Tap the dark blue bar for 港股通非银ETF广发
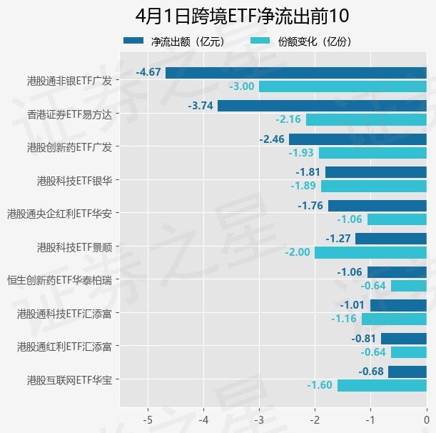(x=296, y=72)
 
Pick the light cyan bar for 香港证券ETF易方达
(x=366, y=119)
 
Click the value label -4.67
(x=148, y=72)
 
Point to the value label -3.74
(x=201, y=106)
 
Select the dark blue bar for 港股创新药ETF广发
(x=358, y=139)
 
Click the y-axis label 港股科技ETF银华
(x=73, y=180)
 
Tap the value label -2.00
(x=298, y=252)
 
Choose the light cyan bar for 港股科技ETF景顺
(x=370, y=252)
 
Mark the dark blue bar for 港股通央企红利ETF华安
(x=377, y=206)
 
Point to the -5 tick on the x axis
(x=148, y=418)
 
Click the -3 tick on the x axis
(x=260, y=418)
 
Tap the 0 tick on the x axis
(x=426, y=418)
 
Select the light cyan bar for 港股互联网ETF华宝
(x=382, y=385)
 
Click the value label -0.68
(x=371, y=372)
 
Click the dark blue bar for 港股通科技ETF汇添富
(x=398, y=305)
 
